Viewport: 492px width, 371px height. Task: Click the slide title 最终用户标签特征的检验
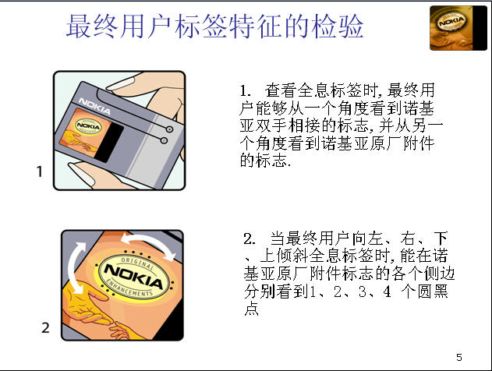(x=214, y=26)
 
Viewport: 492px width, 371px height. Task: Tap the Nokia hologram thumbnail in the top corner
(x=458, y=28)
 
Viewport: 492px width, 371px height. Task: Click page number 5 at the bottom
(x=459, y=357)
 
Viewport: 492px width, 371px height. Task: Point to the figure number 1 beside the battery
(x=40, y=171)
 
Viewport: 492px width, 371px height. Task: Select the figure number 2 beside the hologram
(x=45, y=327)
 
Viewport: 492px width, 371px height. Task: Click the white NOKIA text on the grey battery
(x=94, y=106)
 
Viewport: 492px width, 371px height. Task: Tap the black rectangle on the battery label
(x=109, y=142)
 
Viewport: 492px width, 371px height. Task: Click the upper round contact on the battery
(x=169, y=129)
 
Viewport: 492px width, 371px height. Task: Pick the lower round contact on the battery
(x=164, y=140)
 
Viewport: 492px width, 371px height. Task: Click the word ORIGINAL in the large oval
(x=137, y=263)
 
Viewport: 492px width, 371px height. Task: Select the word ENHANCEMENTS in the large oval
(x=129, y=288)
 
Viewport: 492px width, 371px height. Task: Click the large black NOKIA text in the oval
(x=134, y=276)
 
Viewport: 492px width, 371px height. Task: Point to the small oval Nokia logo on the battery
(x=88, y=126)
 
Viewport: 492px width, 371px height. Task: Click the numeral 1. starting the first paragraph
(x=245, y=91)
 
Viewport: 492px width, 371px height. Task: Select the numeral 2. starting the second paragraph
(x=250, y=239)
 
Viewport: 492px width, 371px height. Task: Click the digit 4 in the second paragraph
(x=387, y=291)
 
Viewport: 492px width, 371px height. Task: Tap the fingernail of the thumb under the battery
(x=81, y=174)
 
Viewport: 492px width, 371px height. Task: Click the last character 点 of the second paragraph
(x=251, y=309)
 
